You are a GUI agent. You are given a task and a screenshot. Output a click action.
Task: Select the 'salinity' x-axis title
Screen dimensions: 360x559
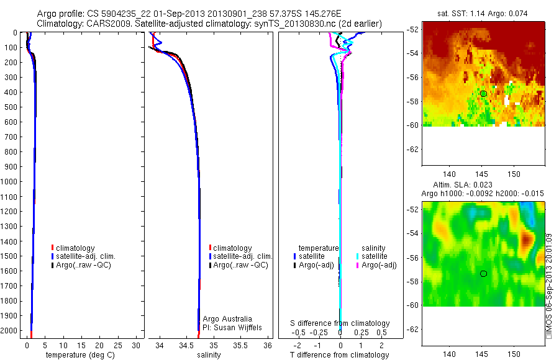209,355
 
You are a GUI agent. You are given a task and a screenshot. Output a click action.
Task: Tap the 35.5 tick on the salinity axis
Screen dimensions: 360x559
240,345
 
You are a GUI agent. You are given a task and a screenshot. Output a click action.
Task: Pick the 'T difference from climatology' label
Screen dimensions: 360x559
340,355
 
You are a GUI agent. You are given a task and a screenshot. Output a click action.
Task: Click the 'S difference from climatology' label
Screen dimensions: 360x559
340,323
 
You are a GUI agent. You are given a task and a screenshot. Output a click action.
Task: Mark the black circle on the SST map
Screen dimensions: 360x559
483,94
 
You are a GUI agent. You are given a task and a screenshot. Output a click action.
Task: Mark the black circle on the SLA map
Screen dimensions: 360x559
483,274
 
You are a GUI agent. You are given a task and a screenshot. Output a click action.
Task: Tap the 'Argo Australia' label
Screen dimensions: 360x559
227,319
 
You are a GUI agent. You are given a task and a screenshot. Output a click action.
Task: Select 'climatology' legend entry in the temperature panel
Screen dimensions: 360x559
75,248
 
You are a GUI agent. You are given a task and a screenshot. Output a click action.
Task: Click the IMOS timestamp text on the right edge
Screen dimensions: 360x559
549,286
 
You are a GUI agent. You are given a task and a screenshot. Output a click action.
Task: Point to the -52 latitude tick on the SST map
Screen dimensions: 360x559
414,30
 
